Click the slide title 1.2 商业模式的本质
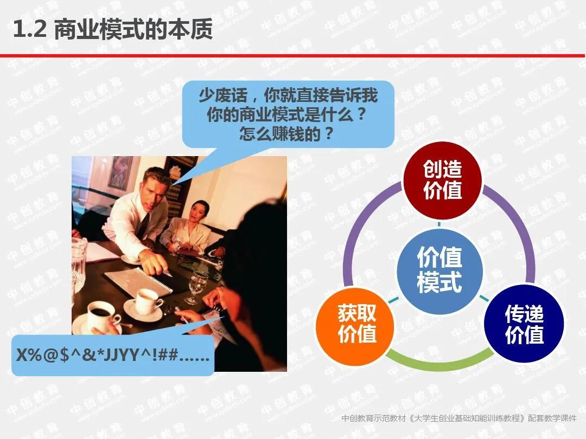pos(113,30)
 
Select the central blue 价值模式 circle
pos(439,270)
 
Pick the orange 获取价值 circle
pos(357,324)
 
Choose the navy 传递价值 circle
pos(524,324)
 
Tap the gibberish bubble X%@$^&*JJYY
pos(113,355)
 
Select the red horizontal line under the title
pos(293,55)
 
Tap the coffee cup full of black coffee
pos(101,314)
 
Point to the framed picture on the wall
pos(120,172)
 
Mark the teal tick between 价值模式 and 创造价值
pos(439,223)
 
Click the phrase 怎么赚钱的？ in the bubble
pos(286,133)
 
